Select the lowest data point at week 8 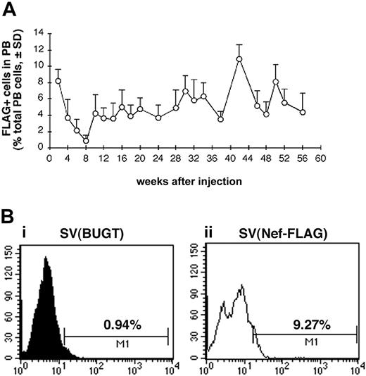(x=86, y=141)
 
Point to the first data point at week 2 (x=58, y=81)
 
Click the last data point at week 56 (x=302, y=112)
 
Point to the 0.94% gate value (x=120, y=325)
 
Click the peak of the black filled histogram (x=46, y=258)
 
